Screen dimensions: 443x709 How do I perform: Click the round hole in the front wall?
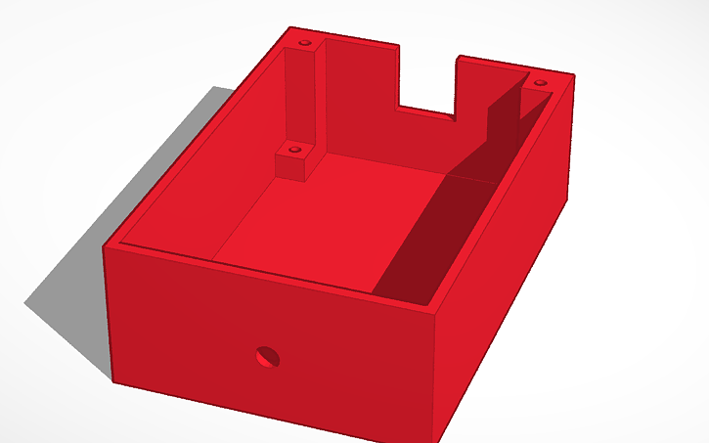[x=266, y=357]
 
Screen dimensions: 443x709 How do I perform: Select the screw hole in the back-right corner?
[x=537, y=82]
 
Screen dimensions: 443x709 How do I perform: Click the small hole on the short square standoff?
[x=292, y=150]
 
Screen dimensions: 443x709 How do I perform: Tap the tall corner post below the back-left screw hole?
[x=301, y=98]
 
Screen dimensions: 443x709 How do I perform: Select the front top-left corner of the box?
[x=105, y=246]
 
